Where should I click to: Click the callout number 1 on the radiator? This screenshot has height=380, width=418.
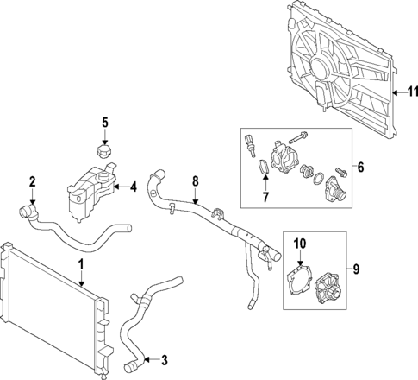tap(81, 263)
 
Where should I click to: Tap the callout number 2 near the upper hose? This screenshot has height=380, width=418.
tap(32, 181)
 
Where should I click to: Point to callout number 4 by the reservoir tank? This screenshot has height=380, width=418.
tap(134, 186)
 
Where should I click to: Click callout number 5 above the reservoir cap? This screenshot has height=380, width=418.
tap(105, 123)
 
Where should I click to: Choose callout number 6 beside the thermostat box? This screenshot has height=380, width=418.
tap(361, 167)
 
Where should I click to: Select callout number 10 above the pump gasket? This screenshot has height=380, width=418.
tap(301, 243)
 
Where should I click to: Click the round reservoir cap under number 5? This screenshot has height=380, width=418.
tap(105, 152)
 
